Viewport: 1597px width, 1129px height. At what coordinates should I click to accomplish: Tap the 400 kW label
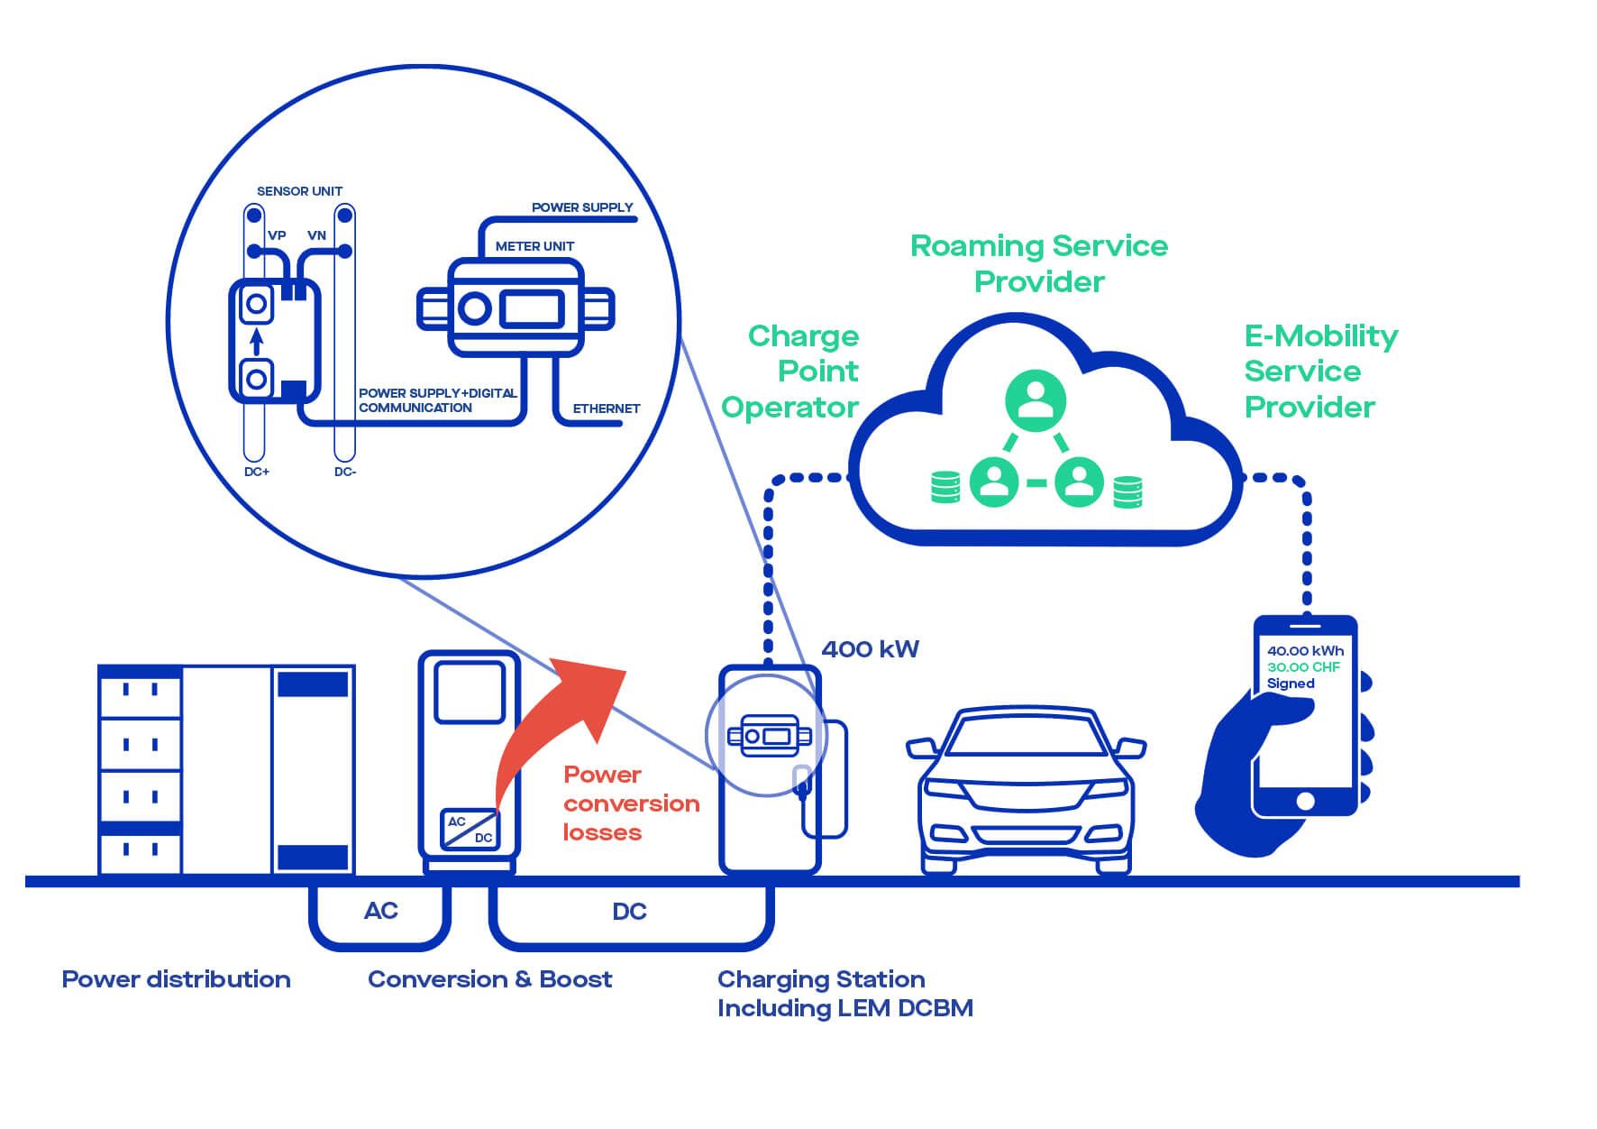tap(870, 649)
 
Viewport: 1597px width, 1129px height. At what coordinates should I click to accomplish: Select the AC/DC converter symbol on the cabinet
tap(470, 829)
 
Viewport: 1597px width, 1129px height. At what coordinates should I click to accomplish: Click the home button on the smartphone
tap(1305, 801)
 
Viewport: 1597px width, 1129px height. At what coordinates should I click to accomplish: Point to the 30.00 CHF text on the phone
tap(1303, 667)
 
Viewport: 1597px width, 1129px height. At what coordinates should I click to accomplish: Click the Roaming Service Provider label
tap(1039, 263)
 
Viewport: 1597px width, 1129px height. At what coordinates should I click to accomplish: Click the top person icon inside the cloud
tap(1036, 399)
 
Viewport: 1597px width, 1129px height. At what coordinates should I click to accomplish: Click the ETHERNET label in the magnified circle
tap(607, 408)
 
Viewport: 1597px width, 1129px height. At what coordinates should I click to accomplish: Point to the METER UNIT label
tap(534, 246)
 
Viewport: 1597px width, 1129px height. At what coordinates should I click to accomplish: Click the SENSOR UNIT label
tap(299, 191)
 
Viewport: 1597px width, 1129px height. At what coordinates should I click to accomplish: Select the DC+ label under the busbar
tap(257, 472)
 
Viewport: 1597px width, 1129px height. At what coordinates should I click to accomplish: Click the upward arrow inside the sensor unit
tap(256, 342)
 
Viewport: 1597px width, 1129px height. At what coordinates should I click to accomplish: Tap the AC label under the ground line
tap(380, 911)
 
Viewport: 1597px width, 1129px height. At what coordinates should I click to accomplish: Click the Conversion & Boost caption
tap(489, 979)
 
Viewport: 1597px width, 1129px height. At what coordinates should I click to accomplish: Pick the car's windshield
tap(1027, 739)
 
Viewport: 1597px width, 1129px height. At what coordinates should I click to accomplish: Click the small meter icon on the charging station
tap(769, 735)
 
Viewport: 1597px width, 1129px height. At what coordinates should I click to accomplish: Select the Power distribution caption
tap(176, 979)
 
